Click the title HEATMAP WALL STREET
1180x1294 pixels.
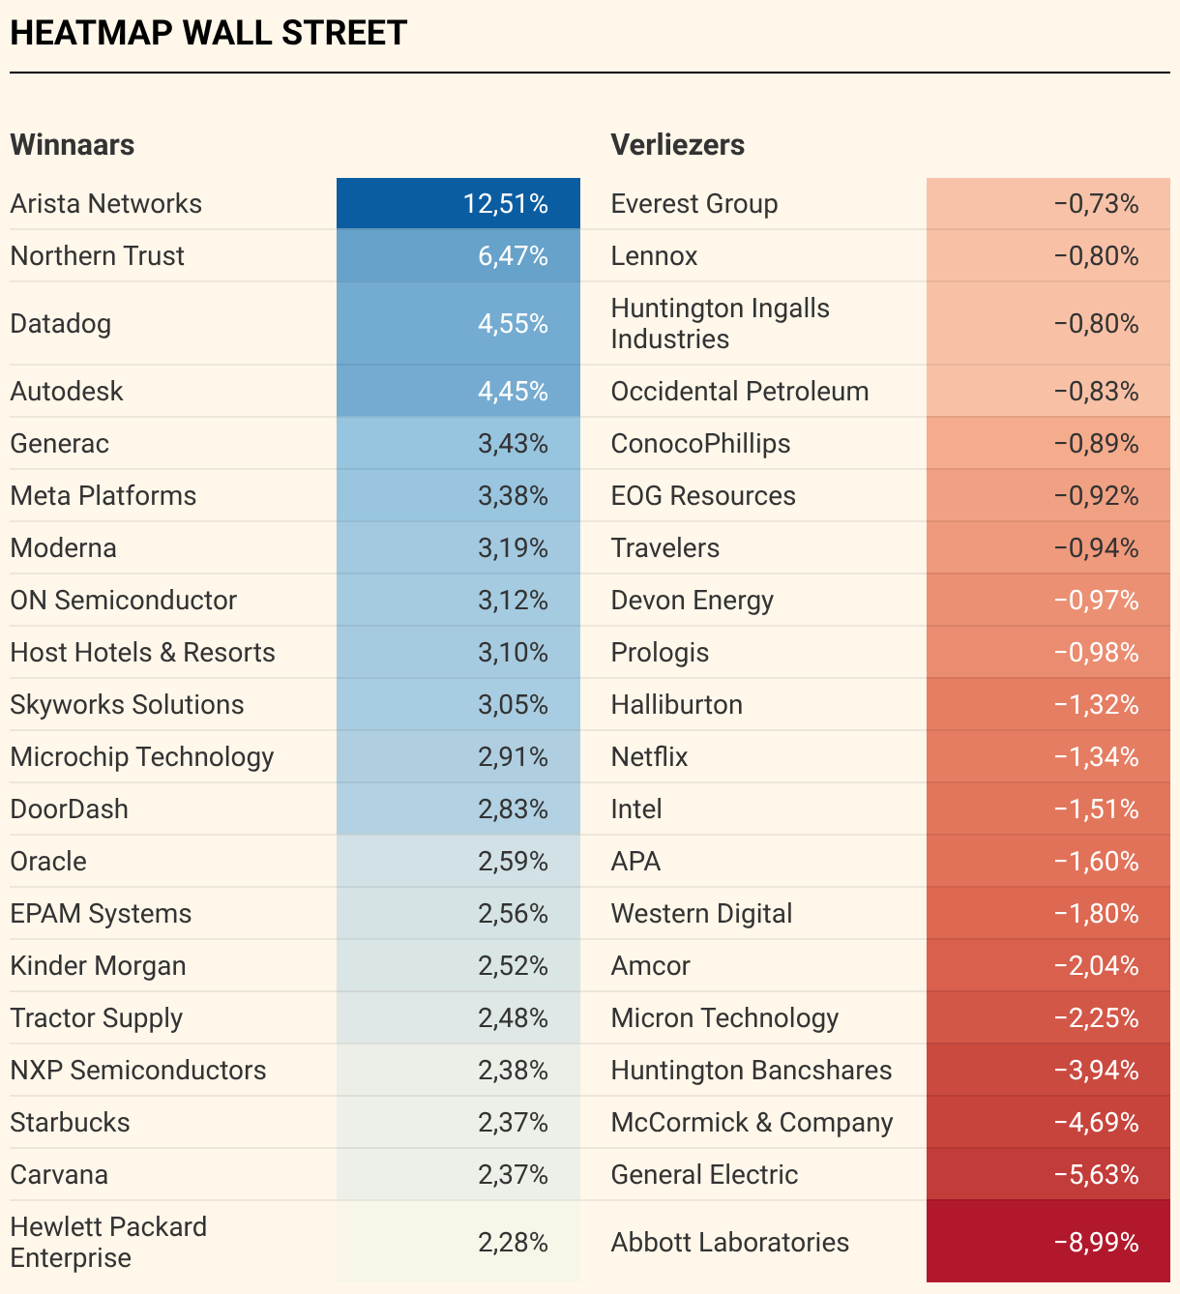pos(208,33)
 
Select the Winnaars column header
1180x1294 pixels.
pos(73,145)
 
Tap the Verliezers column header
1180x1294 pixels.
pos(677,145)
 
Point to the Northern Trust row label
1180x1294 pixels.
pos(97,256)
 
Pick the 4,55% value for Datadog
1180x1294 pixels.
pos(513,324)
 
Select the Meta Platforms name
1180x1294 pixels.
pos(103,496)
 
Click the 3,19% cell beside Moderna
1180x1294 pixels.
pos(513,548)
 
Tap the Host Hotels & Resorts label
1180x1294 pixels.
pos(142,653)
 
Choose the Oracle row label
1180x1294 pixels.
pos(48,862)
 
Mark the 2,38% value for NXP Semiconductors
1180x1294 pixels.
pos(513,1071)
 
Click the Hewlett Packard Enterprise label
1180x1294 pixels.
pos(108,1242)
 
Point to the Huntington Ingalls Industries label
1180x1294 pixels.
pos(720,324)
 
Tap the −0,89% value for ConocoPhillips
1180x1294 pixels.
pos(1096,444)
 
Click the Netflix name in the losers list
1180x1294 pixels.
pos(649,757)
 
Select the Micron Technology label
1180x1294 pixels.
pos(724,1018)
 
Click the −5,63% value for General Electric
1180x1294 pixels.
pos(1096,1175)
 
